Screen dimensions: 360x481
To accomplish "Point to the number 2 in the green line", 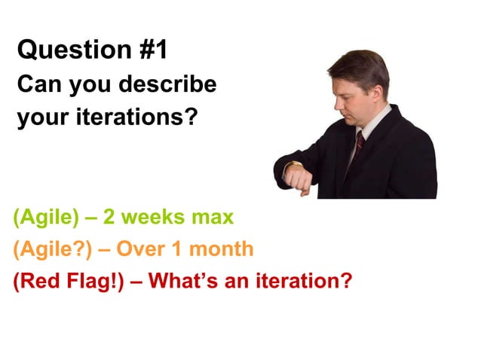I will [x=109, y=218].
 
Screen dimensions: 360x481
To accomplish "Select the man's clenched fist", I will [x=300, y=182].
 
